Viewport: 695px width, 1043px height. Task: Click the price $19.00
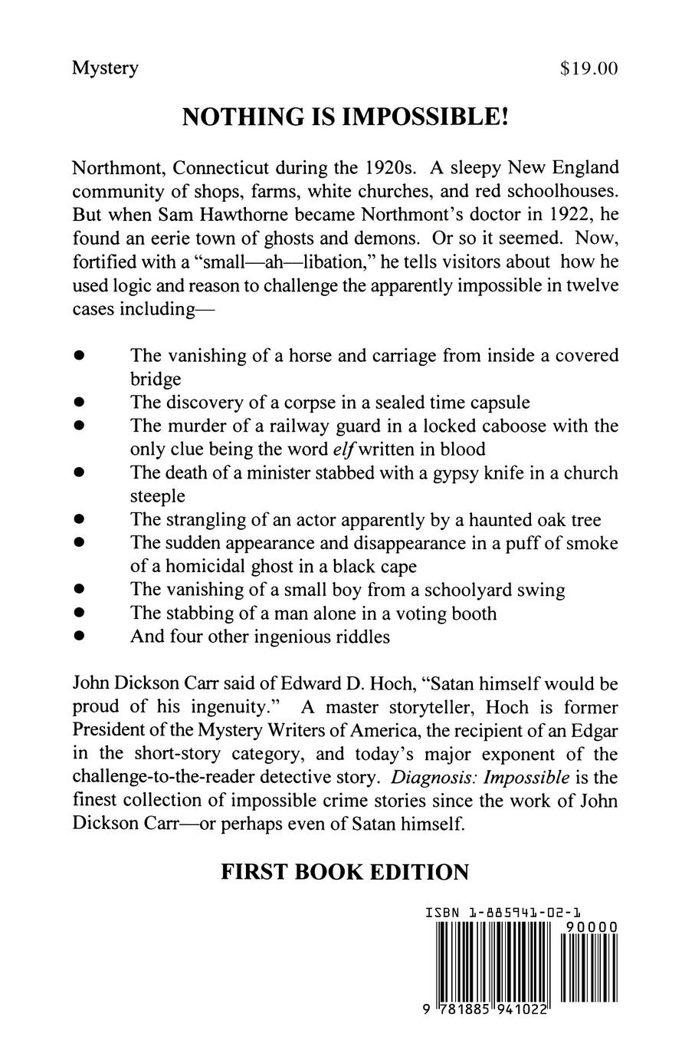pos(588,69)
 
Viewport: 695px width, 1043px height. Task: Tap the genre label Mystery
pos(105,69)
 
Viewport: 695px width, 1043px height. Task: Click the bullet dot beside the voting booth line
pos(78,614)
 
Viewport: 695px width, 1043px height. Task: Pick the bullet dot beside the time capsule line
pos(78,403)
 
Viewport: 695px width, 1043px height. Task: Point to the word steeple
pos(158,497)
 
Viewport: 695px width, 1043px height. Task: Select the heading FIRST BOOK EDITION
pos(344,872)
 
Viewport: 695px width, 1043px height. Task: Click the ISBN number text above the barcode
pos(502,913)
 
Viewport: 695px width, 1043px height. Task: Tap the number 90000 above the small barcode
pos(589,928)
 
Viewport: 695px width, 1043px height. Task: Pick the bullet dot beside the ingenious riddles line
pos(78,637)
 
